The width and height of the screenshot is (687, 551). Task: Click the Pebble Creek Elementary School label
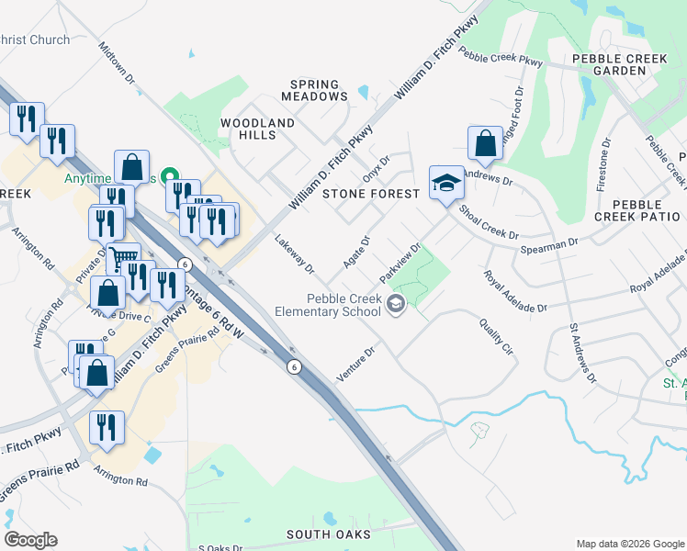click(x=328, y=306)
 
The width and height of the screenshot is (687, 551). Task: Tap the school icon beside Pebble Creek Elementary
click(x=396, y=304)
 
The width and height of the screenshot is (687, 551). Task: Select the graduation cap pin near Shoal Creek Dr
click(x=445, y=183)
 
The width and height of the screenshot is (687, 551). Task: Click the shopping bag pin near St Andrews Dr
click(x=485, y=144)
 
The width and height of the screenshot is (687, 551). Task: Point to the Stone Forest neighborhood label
click(x=371, y=194)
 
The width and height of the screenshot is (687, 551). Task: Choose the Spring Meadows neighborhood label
click(x=314, y=90)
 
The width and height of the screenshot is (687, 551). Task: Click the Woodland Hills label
click(x=258, y=129)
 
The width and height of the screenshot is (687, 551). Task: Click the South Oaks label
click(x=328, y=534)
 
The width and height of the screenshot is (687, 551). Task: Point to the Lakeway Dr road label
click(x=295, y=255)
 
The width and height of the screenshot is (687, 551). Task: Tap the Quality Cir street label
click(x=495, y=336)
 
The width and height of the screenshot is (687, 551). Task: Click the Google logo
click(x=30, y=539)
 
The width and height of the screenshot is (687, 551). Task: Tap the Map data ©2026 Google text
click(x=629, y=544)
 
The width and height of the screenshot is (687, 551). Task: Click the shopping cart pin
click(x=122, y=257)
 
